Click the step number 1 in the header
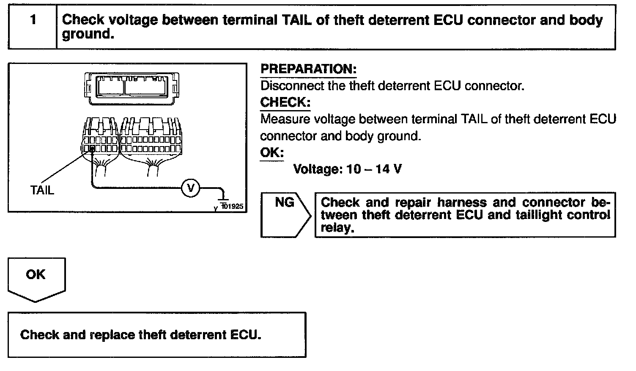[33, 20]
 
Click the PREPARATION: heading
[308, 69]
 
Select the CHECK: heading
[285, 102]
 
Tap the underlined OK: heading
[272, 152]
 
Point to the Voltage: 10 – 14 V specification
[348, 169]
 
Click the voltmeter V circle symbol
[190, 188]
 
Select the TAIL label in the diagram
[42, 190]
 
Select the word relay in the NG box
[337, 228]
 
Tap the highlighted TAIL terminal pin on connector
[91, 148]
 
